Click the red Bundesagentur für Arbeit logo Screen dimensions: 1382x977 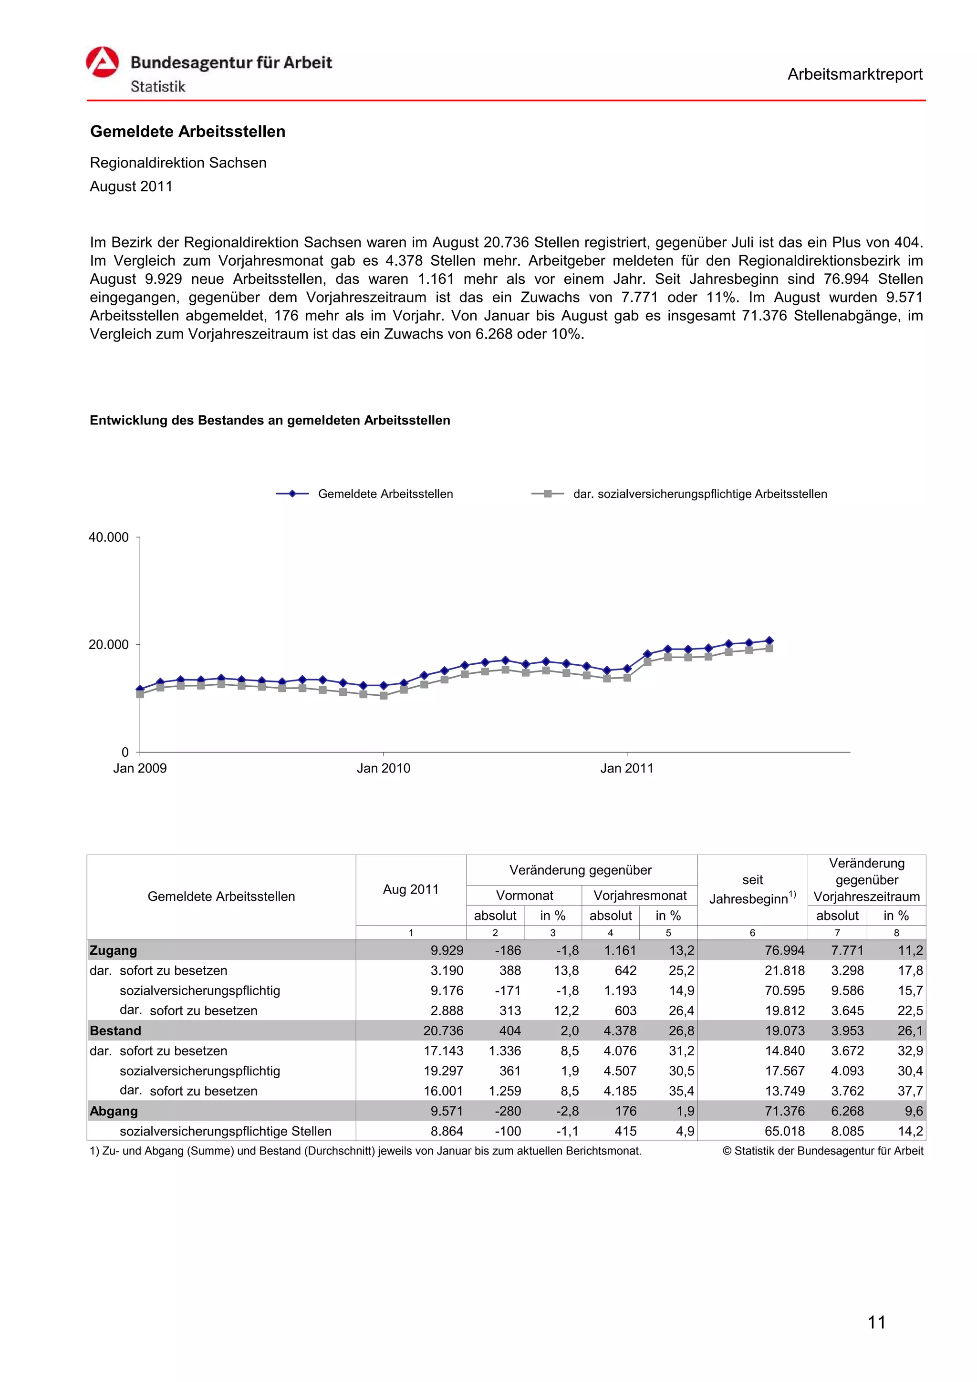click(103, 62)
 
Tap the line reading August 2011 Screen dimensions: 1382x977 click(131, 186)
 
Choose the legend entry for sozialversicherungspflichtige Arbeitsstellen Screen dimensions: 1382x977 click(699, 494)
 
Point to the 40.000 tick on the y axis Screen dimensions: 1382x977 click(109, 537)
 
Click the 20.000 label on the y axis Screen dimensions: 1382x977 click(109, 645)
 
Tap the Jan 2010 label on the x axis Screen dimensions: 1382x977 click(384, 768)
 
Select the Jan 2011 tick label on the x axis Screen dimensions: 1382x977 click(627, 768)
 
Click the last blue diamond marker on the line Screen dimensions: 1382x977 click(769, 641)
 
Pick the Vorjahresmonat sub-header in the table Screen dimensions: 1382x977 click(639, 895)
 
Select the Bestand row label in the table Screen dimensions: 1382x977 click(115, 1031)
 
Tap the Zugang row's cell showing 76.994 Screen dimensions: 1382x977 click(784, 950)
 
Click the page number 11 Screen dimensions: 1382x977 click(876, 1322)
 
